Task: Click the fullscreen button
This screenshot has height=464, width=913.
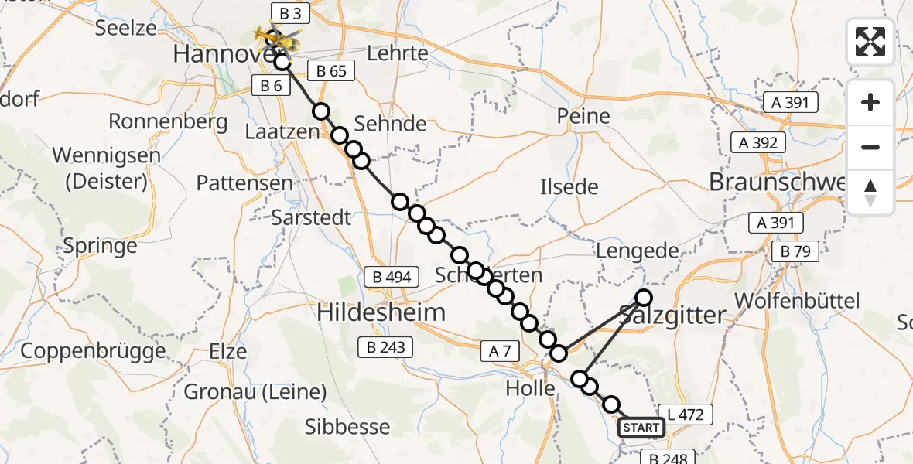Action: click(x=870, y=42)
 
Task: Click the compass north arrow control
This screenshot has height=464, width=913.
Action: click(x=870, y=193)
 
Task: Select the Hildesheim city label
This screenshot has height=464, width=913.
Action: click(x=381, y=313)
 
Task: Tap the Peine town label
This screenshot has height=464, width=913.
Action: click(x=583, y=117)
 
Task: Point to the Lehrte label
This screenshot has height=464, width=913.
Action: click(x=398, y=53)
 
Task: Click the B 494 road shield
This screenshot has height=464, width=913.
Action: click(x=392, y=277)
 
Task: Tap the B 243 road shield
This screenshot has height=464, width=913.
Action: click(x=385, y=347)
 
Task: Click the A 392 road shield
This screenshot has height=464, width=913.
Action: click(x=757, y=142)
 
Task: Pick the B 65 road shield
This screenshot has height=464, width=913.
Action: click(x=331, y=71)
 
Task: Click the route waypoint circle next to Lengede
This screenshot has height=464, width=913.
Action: click(x=644, y=297)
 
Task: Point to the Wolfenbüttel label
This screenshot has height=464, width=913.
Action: click(x=798, y=301)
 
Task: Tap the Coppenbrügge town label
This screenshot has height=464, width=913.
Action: click(x=94, y=350)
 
